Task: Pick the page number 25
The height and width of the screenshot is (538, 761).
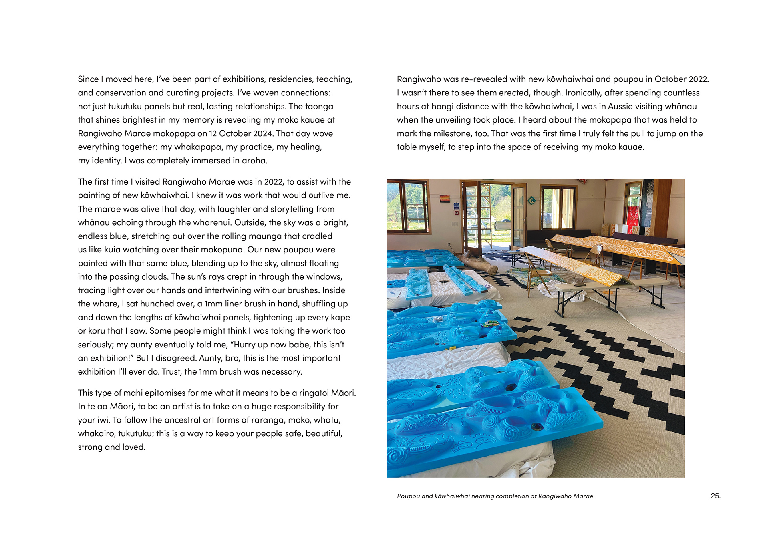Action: click(x=715, y=496)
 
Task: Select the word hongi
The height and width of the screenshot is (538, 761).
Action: click(x=442, y=106)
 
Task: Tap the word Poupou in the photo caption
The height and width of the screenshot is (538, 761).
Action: click(x=408, y=496)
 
